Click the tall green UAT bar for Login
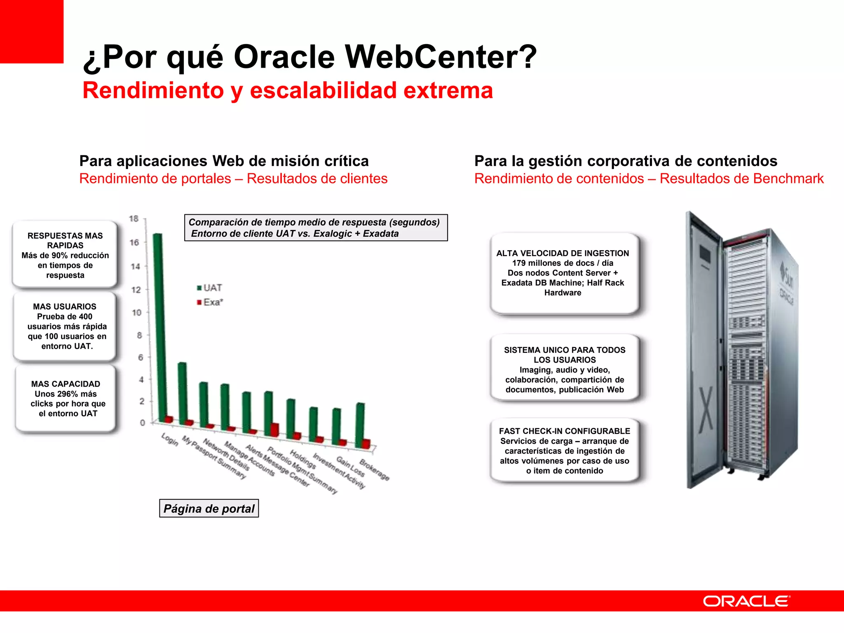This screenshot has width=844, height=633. tap(157, 326)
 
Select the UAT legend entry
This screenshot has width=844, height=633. tap(210, 288)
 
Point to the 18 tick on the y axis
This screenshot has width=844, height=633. tap(134, 219)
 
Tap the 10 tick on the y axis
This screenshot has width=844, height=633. tap(136, 313)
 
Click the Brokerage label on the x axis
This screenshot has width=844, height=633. tap(374, 470)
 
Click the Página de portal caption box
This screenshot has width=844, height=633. tap(209, 509)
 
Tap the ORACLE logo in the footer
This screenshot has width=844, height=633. tap(746, 601)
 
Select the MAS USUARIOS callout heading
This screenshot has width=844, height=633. tap(65, 307)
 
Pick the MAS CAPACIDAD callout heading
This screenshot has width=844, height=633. tap(66, 384)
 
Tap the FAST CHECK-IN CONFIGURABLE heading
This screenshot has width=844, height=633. tap(564, 431)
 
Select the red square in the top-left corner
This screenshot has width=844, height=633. tap(32, 32)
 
